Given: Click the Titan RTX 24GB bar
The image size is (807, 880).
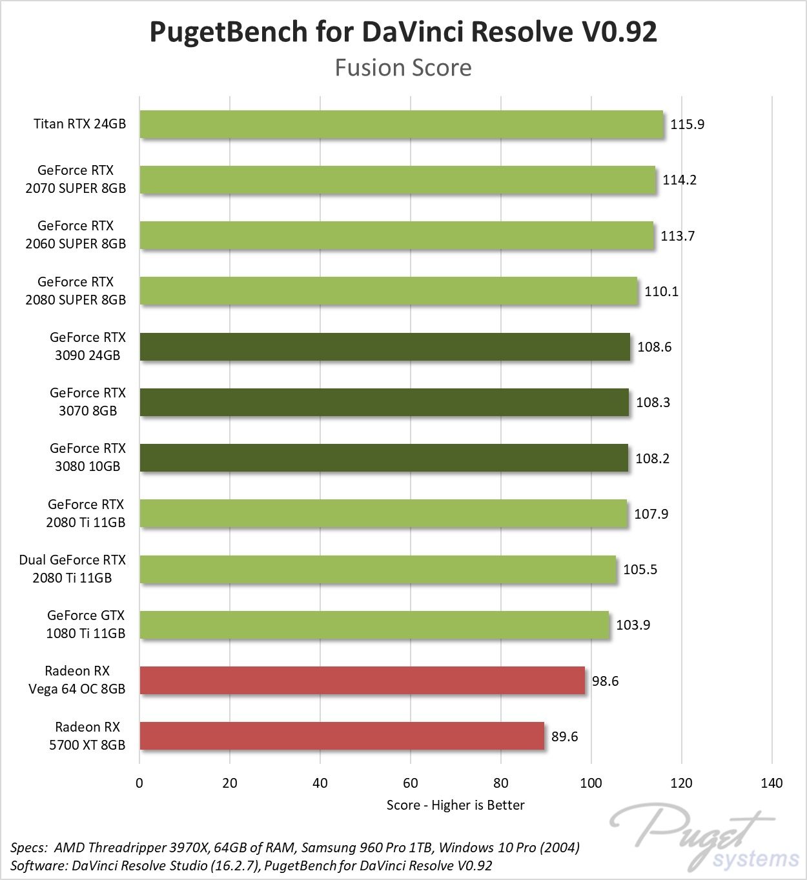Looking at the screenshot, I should pyautogui.click(x=401, y=124).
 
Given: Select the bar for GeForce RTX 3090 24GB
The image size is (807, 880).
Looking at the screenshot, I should pyautogui.click(x=384, y=347).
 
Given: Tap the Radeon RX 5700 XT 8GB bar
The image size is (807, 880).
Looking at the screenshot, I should pyautogui.click(x=342, y=736).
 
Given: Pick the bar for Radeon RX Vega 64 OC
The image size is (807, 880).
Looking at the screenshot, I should pyautogui.click(x=362, y=681).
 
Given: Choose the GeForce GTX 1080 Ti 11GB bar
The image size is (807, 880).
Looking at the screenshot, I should pyautogui.click(x=374, y=625).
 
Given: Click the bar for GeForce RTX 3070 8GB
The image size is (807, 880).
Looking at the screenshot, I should pyautogui.click(x=383, y=403).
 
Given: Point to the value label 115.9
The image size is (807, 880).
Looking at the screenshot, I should pyautogui.click(x=687, y=124).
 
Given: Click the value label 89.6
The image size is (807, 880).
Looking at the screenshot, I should pyautogui.click(x=564, y=736).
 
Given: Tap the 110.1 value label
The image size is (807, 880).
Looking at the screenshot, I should pyautogui.click(x=661, y=292).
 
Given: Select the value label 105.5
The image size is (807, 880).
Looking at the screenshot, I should pyautogui.click(x=640, y=570).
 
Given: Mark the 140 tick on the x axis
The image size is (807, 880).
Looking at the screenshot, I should pyautogui.click(x=771, y=783).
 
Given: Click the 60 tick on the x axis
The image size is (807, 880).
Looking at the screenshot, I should pyautogui.click(x=411, y=783).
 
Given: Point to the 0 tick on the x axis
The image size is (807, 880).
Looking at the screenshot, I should pyautogui.click(x=139, y=783).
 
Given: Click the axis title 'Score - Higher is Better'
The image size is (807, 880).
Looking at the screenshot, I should pyautogui.click(x=455, y=805).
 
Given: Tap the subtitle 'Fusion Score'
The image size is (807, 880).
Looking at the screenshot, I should pyautogui.click(x=403, y=68).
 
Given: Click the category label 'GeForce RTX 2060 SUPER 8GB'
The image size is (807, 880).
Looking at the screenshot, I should pyautogui.click(x=76, y=235).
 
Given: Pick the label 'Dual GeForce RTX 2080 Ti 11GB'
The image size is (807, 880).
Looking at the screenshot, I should pyautogui.click(x=72, y=569).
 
